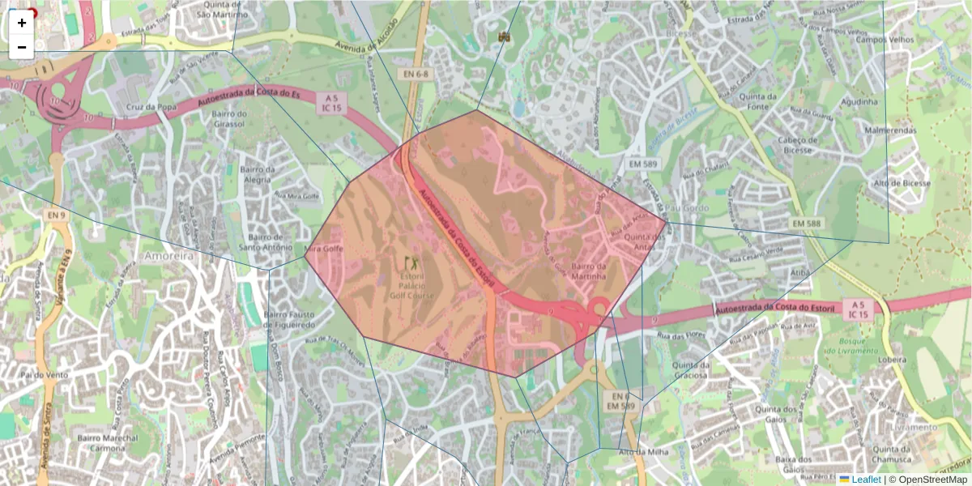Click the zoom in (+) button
click(x=22, y=23)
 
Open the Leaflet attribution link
click(x=865, y=480)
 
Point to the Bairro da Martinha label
click(x=588, y=271)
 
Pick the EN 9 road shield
click(x=56, y=215)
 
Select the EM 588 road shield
click(x=807, y=223)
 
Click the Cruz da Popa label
click(x=151, y=107)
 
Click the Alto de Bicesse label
click(x=902, y=184)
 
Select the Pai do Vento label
click(x=45, y=375)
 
